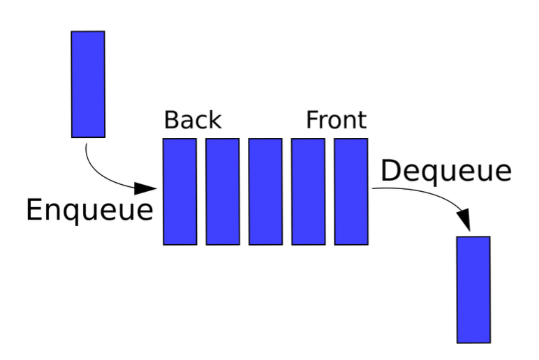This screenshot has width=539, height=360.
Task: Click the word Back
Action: (192, 120)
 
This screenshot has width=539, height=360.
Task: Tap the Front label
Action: (336, 120)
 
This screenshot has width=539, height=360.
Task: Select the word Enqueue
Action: (89, 209)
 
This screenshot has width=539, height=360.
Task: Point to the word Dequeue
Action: (445, 171)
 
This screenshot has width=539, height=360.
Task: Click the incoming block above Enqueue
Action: (88, 84)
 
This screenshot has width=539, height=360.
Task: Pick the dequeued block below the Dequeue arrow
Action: (473, 290)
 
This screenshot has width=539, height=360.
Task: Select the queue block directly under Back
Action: (180, 191)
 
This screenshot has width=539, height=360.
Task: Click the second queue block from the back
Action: (223, 191)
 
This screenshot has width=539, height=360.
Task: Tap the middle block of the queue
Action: (265, 191)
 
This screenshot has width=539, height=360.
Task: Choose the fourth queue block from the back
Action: (308, 191)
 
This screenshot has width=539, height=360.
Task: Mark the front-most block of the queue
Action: (350, 191)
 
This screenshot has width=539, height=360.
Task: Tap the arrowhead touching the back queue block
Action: (147, 188)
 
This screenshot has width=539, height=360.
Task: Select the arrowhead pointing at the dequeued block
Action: (464, 219)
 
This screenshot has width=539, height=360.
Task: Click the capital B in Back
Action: (171, 120)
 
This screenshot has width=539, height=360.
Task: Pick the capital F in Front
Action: (312, 120)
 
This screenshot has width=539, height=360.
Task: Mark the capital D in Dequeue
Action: (390, 171)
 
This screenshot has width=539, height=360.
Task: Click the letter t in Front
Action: (361, 121)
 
